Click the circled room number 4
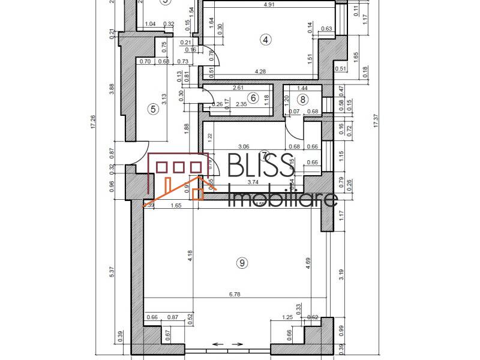click(x=266, y=40)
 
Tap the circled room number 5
click(x=154, y=109)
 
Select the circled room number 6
click(x=253, y=97)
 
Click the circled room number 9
click(x=242, y=262)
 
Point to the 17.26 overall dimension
click(x=92, y=123)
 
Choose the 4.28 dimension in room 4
click(x=260, y=72)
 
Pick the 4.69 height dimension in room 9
click(x=308, y=265)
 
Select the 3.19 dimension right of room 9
click(x=342, y=275)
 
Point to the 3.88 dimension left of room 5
click(x=112, y=89)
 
